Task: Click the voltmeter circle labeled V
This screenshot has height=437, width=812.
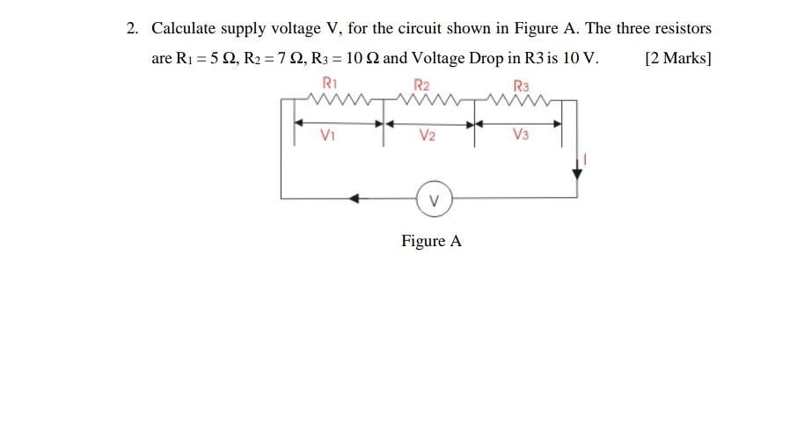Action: click(x=434, y=198)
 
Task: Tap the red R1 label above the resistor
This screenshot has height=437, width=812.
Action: click(x=331, y=84)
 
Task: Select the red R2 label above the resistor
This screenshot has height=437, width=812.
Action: click(x=422, y=85)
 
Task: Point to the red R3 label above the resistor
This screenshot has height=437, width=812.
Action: click(x=523, y=86)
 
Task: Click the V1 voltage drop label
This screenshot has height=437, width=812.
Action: click(x=328, y=135)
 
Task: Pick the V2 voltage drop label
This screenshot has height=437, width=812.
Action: click(x=428, y=135)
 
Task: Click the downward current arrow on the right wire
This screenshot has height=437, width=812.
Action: click(x=577, y=171)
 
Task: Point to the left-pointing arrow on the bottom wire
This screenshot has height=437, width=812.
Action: click(x=354, y=199)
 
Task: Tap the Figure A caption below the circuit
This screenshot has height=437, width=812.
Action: click(x=431, y=241)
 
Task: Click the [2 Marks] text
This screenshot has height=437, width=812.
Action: click(x=677, y=60)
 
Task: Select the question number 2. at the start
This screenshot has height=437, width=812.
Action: click(x=132, y=29)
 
